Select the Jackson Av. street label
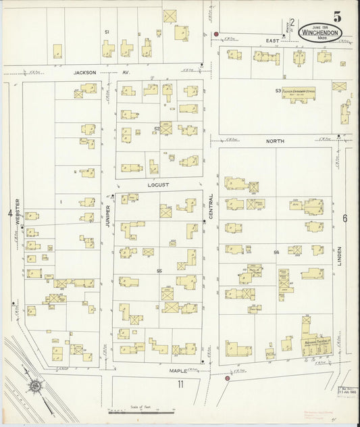point(90,70)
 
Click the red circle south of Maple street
point(227,378)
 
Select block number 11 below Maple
point(180,385)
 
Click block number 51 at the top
point(107,32)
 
